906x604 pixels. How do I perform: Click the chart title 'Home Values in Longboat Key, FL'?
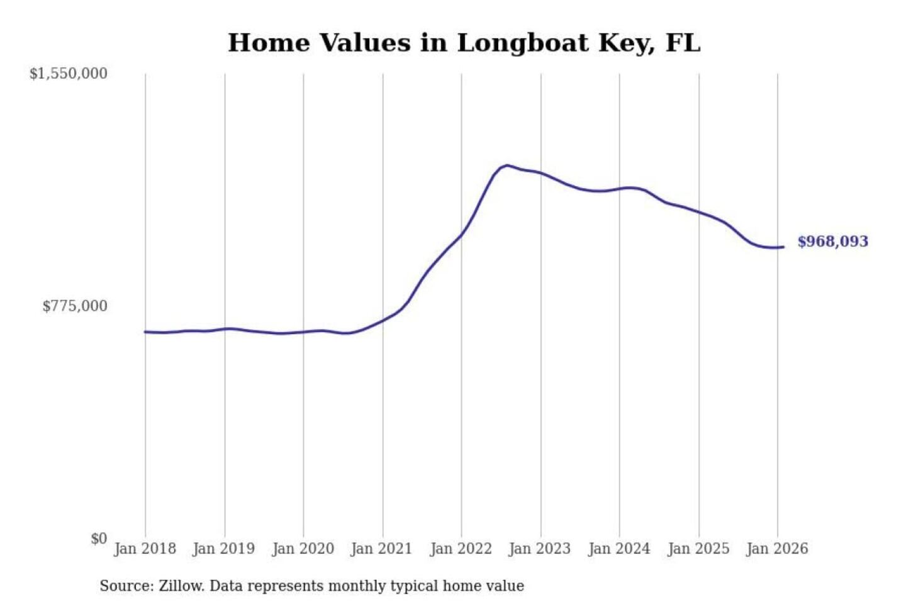coord(464,43)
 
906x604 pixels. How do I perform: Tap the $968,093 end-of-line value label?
coord(832,242)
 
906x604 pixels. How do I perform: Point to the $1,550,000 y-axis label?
coord(69,74)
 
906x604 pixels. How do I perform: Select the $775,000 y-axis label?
coord(75,306)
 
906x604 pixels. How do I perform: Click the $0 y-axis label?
coord(99,539)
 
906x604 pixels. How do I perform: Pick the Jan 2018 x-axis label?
coord(145,549)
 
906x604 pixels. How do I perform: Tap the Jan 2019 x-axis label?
coord(223,549)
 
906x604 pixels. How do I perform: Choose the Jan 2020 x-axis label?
coord(303,549)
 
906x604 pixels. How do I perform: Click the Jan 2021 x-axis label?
coord(381,549)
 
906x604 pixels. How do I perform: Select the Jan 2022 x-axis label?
coord(461,549)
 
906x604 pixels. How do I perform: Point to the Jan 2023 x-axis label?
coord(539,549)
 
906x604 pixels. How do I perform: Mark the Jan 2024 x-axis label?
coord(618,549)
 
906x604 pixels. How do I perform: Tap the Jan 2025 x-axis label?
coord(698,549)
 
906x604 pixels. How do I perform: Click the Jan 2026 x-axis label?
coord(776,549)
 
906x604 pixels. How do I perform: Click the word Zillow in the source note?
coord(181,586)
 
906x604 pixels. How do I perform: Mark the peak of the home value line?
coord(506,165)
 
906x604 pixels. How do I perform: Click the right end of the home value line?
coord(783,247)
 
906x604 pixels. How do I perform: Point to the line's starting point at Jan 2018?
coord(145,332)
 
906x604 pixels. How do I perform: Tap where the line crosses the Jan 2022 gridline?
coord(461,236)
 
